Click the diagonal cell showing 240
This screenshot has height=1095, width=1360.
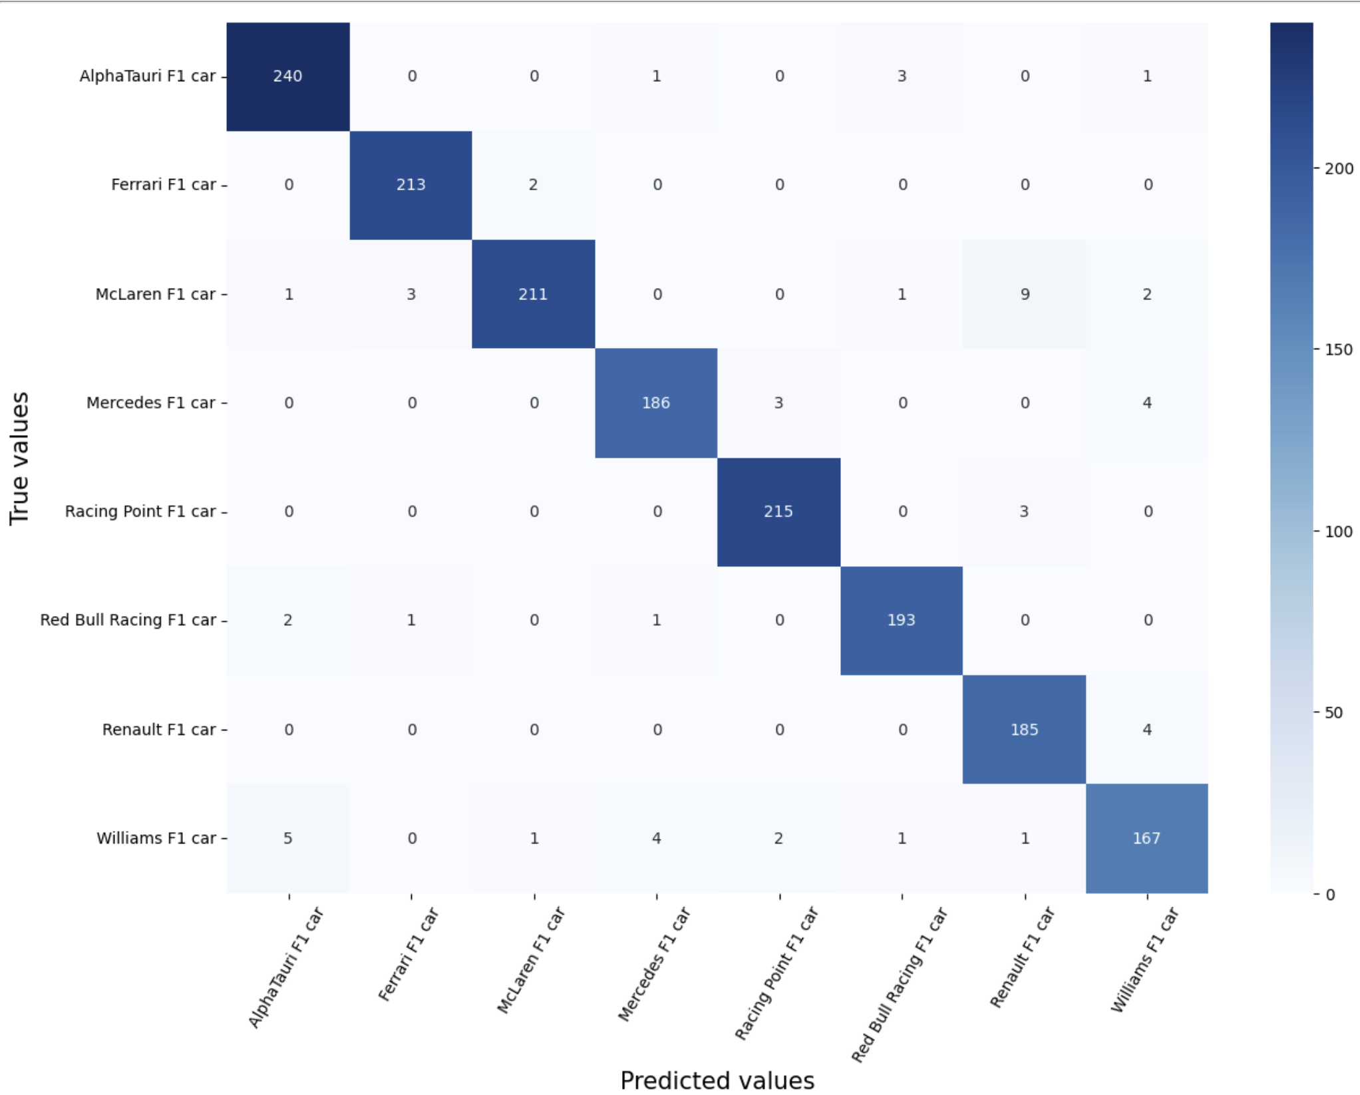coord(287,77)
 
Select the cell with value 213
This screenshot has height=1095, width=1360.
coord(411,185)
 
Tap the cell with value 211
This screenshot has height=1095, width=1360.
coord(533,294)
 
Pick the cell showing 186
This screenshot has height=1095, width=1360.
coord(656,402)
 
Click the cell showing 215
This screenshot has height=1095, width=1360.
coord(778,512)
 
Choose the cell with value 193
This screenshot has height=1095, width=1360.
coord(901,620)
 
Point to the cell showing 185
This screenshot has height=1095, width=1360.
coord(1024,730)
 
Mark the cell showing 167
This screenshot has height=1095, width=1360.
coord(1146,838)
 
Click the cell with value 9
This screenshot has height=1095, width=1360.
coord(1025,294)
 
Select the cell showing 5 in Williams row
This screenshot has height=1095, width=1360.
coord(287,838)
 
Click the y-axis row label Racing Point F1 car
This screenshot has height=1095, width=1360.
coord(140,512)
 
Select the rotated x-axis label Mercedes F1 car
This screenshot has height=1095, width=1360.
coord(655,965)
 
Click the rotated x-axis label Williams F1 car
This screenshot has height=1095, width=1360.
coord(1145,960)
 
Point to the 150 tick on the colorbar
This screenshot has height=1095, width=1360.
coord(1338,350)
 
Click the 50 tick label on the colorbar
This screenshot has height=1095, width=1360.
coord(1333,712)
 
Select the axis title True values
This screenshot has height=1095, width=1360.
coord(19,458)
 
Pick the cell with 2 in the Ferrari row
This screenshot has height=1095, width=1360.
coord(533,185)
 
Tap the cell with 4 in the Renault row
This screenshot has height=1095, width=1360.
coord(1147,730)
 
